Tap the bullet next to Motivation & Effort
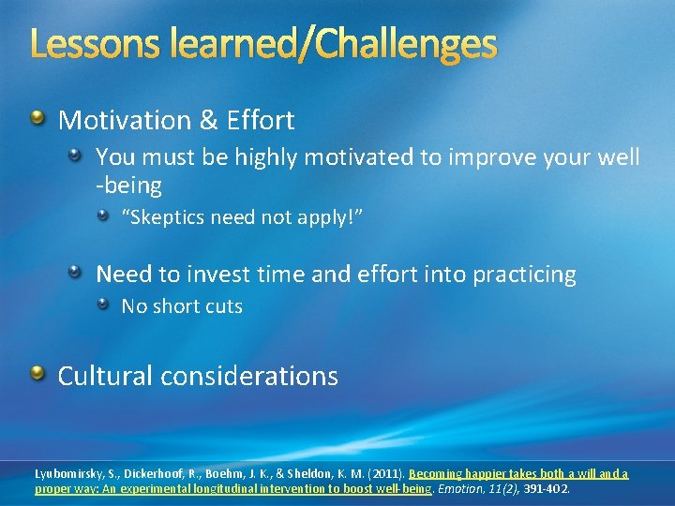[37, 118]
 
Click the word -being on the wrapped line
[128, 186]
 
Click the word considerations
[249, 376]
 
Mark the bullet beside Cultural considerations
[37, 375]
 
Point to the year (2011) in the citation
[385, 474]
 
